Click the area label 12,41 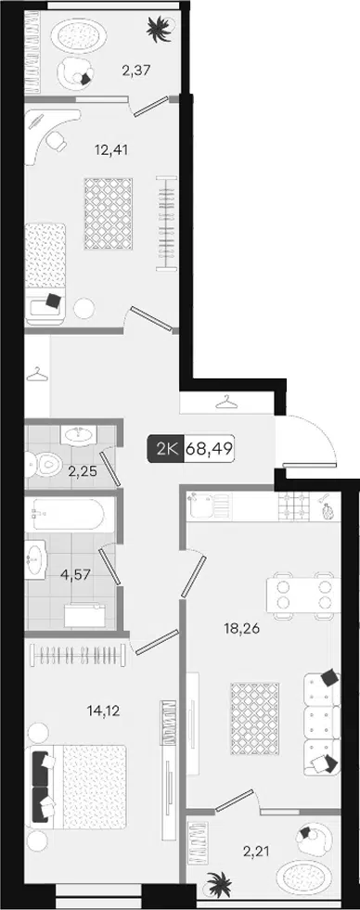(x=111, y=150)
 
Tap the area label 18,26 (x=241, y=628)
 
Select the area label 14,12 (x=103, y=711)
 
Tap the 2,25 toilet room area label (x=83, y=471)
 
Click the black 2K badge (x=165, y=449)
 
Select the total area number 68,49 (x=209, y=449)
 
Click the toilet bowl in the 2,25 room (x=45, y=465)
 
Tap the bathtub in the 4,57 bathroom (x=69, y=514)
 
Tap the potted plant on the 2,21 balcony (x=218, y=886)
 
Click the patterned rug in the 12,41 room (x=109, y=214)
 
